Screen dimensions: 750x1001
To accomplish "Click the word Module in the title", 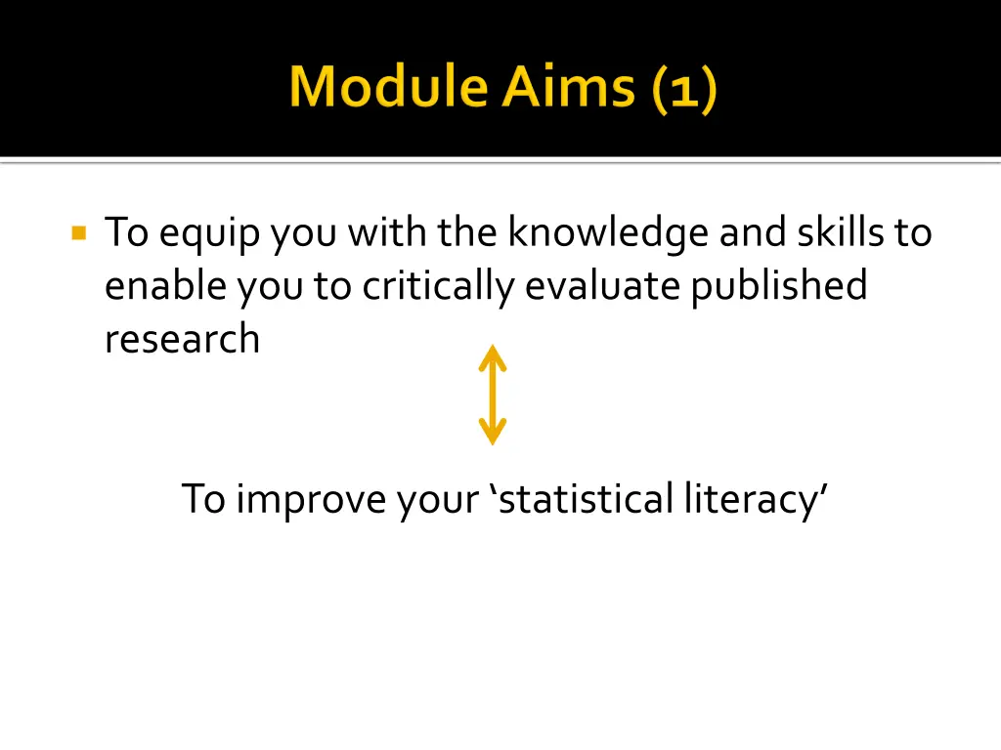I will tap(389, 88).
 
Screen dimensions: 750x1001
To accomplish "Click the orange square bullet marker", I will tap(79, 233).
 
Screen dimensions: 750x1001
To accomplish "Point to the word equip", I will tap(211, 234).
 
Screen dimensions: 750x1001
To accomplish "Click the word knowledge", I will tap(608, 233).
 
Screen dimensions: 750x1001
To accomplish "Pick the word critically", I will tap(440, 286).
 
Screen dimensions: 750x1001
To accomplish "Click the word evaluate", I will tap(603, 286).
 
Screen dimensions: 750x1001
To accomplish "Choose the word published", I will tap(779, 286).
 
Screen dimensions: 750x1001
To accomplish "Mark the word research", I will tap(182, 339).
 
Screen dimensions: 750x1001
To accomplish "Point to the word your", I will tap(443, 499).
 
